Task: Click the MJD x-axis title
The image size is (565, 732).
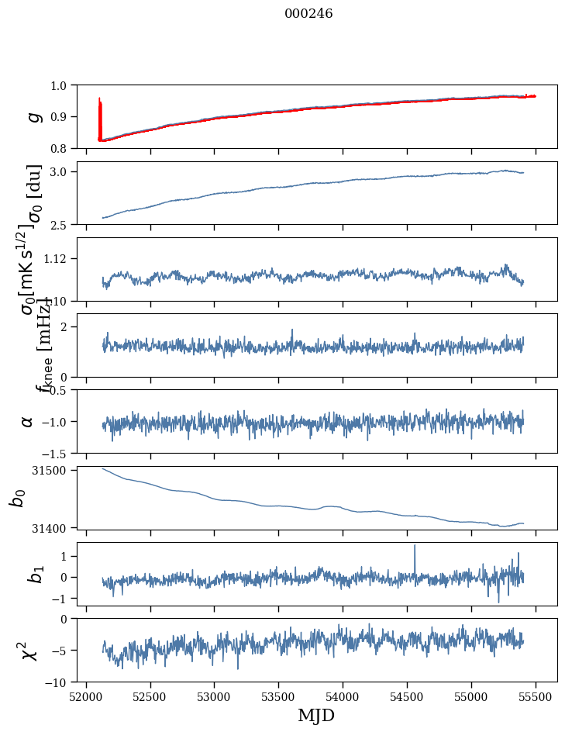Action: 316,715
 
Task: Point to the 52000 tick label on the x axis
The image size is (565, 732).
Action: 86,697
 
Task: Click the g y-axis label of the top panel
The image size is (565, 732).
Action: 33,116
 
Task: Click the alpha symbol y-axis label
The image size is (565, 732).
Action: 28,421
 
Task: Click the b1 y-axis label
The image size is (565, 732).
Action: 33,575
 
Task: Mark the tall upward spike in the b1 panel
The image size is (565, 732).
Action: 415,547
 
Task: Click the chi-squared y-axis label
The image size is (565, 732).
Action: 31,651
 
